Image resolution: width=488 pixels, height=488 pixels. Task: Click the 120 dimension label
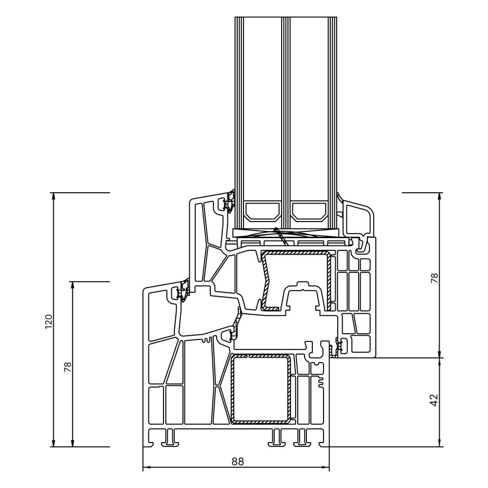(48, 321)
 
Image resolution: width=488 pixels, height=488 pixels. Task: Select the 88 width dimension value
(237, 461)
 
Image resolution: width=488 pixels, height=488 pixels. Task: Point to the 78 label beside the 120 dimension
(68, 366)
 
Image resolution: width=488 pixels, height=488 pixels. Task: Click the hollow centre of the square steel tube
(261, 389)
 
